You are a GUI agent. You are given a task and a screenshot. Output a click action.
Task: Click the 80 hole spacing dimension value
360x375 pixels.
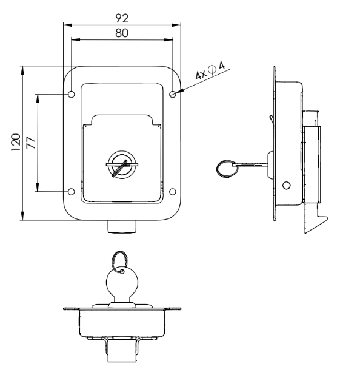[122, 34]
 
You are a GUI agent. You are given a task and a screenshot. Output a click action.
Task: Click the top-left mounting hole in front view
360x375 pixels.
[72, 95]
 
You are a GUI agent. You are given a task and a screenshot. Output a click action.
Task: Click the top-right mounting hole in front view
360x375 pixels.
[173, 94]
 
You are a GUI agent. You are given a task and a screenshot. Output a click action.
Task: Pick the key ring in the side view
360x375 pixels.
[227, 167]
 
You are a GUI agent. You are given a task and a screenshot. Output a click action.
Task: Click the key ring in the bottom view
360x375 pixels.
[119, 260]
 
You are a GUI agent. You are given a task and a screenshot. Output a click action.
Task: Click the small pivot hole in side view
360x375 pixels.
[287, 184]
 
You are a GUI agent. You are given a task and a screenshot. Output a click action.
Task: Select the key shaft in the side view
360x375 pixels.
[252, 163]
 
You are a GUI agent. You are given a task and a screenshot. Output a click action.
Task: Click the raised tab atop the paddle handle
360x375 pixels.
[121, 120]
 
